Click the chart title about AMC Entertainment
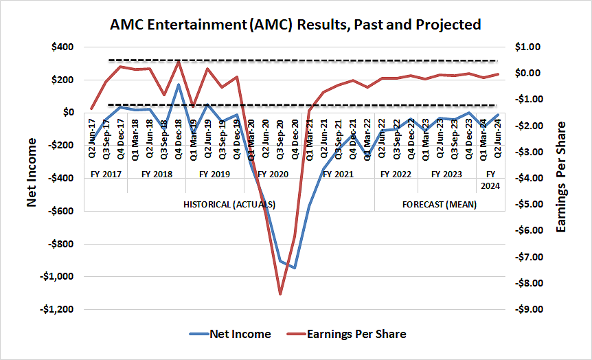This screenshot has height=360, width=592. click(295, 25)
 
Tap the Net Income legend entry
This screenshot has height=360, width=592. click(230, 335)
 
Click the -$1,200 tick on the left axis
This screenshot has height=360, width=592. click(58, 309)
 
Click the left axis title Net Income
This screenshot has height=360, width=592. click(32, 172)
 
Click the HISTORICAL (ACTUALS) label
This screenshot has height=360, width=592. click(229, 204)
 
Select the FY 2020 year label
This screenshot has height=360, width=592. click(273, 175)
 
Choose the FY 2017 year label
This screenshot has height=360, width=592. click(106, 175)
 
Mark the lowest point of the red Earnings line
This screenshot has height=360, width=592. click(280, 294)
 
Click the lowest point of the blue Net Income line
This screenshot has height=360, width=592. click(295, 268)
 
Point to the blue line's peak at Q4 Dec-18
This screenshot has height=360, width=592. click(179, 85)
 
